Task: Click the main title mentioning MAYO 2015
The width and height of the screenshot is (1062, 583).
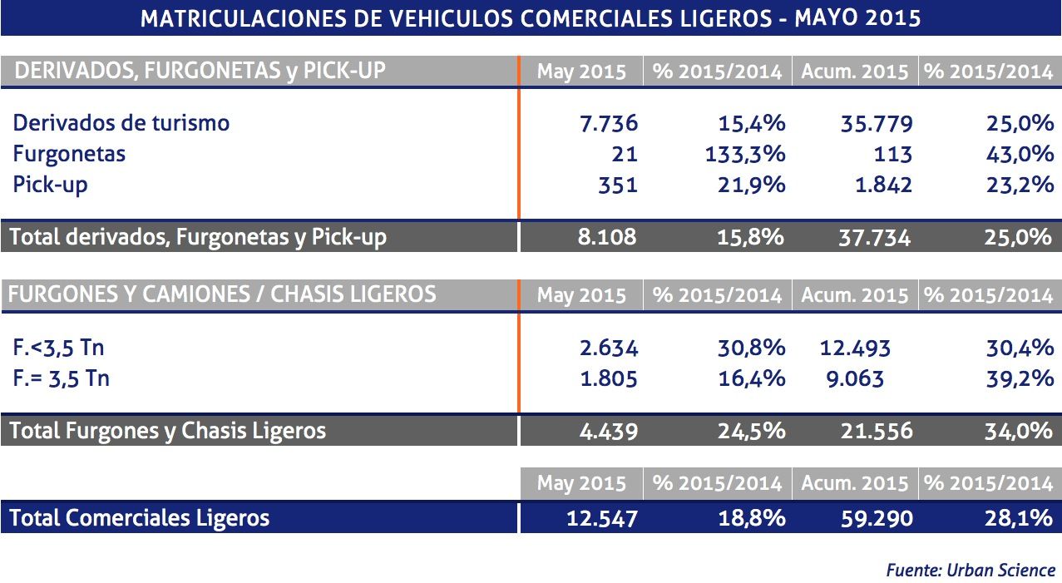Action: click(x=531, y=18)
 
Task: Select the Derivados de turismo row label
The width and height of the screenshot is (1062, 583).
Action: click(x=121, y=123)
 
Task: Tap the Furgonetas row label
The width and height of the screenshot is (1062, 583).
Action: click(x=69, y=154)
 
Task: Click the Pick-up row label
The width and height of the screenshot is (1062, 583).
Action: click(x=50, y=185)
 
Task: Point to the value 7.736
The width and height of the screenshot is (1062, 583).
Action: click(x=608, y=124)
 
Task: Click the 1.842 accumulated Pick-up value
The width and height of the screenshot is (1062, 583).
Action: click(x=882, y=185)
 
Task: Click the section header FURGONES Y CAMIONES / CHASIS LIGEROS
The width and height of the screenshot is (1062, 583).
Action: click(x=221, y=294)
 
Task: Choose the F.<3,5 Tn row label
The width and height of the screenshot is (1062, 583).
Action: click(x=58, y=348)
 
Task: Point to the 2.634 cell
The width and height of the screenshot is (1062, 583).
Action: click(x=608, y=348)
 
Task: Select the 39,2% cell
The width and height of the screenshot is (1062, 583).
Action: click(x=1020, y=379)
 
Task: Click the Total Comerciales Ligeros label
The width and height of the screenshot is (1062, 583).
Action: click(x=140, y=518)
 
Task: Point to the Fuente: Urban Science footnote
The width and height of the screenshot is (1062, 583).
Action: click(x=970, y=571)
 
